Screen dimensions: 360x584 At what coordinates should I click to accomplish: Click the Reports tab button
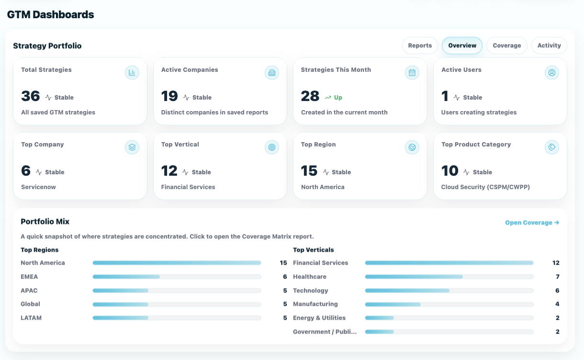pyautogui.click(x=420, y=45)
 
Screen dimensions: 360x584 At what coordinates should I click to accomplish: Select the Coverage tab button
pyautogui.click(x=506, y=45)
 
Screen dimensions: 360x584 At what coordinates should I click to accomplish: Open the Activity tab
pyautogui.click(x=549, y=45)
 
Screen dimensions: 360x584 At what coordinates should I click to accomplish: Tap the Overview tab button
pyautogui.click(x=462, y=45)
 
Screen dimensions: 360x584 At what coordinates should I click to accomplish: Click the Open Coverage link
pyautogui.click(x=532, y=223)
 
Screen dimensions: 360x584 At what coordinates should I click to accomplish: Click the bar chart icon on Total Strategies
pyautogui.click(x=132, y=73)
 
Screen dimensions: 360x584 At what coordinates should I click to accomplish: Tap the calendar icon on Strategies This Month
pyautogui.click(x=412, y=73)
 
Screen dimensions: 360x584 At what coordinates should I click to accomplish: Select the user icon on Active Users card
pyautogui.click(x=552, y=73)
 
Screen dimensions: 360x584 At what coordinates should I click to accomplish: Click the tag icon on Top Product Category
pyautogui.click(x=552, y=147)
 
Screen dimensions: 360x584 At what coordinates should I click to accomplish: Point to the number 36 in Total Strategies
pyautogui.click(x=31, y=96)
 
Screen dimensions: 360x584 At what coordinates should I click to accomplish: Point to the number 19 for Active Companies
pyautogui.click(x=169, y=96)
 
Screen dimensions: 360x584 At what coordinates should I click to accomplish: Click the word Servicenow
pyautogui.click(x=38, y=187)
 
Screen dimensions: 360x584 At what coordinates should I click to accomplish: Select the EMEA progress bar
pyautogui.click(x=177, y=277)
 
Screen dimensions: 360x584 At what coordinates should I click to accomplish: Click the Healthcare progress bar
pyautogui.click(x=449, y=277)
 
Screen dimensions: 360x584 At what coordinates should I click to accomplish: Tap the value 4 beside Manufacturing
pyautogui.click(x=557, y=304)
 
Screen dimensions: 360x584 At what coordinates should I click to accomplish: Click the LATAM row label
pyautogui.click(x=31, y=318)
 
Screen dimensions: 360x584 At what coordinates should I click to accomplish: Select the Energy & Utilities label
pyautogui.click(x=319, y=318)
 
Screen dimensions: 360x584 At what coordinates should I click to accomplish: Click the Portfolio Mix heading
pyautogui.click(x=45, y=222)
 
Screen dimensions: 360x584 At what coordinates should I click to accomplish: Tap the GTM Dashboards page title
pyautogui.click(x=50, y=15)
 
